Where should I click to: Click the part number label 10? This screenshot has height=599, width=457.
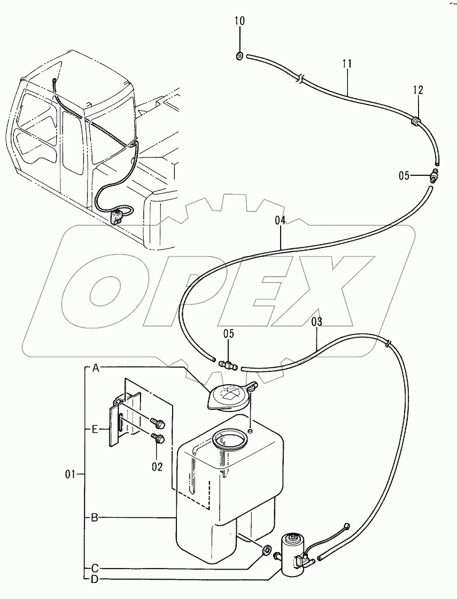point(239,21)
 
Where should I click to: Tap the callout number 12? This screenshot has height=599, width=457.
point(417,90)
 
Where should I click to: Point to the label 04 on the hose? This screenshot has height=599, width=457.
point(281,220)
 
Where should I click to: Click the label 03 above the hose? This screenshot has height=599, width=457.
point(317,322)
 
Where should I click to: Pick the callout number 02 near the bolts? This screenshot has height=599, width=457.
point(157,466)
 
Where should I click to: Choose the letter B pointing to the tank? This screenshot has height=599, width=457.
point(94,517)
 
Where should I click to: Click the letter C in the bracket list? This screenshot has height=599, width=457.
point(95,568)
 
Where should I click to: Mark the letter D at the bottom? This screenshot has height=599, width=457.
point(95,579)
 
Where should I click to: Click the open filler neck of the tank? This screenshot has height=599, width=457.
point(230,441)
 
